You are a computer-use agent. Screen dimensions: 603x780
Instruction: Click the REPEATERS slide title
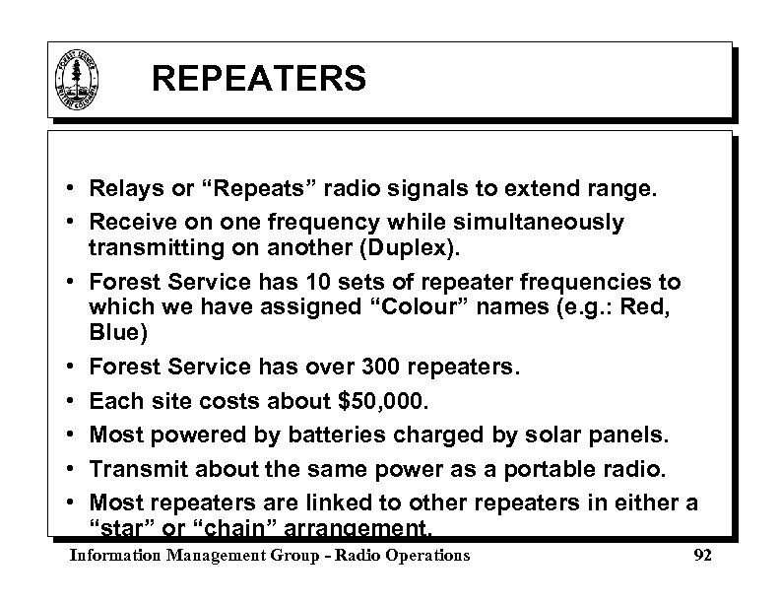coord(259,78)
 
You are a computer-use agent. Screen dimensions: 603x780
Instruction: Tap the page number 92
coord(702,556)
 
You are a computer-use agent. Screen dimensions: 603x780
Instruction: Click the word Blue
coord(116,334)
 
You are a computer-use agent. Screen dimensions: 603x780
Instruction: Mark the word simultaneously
coord(528,222)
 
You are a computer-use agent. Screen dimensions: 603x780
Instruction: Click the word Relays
coord(122,187)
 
